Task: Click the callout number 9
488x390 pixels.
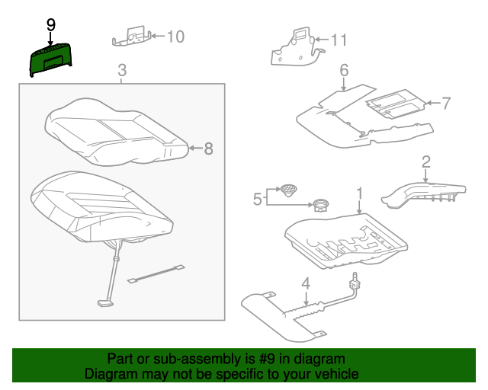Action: pyautogui.click(x=50, y=24)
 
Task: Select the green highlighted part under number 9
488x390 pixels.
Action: pyautogui.click(x=50, y=59)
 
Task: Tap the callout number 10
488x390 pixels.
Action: pyautogui.click(x=175, y=36)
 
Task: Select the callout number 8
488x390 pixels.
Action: pyautogui.click(x=208, y=149)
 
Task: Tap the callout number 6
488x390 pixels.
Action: pyautogui.click(x=344, y=72)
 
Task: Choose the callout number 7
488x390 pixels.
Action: pyautogui.click(x=447, y=102)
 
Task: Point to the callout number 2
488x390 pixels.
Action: pyautogui.click(x=425, y=161)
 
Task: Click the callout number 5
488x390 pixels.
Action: pyautogui.click(x=257, y=200)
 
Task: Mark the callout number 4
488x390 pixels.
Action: pyautogui.click(x=305, y=285)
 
